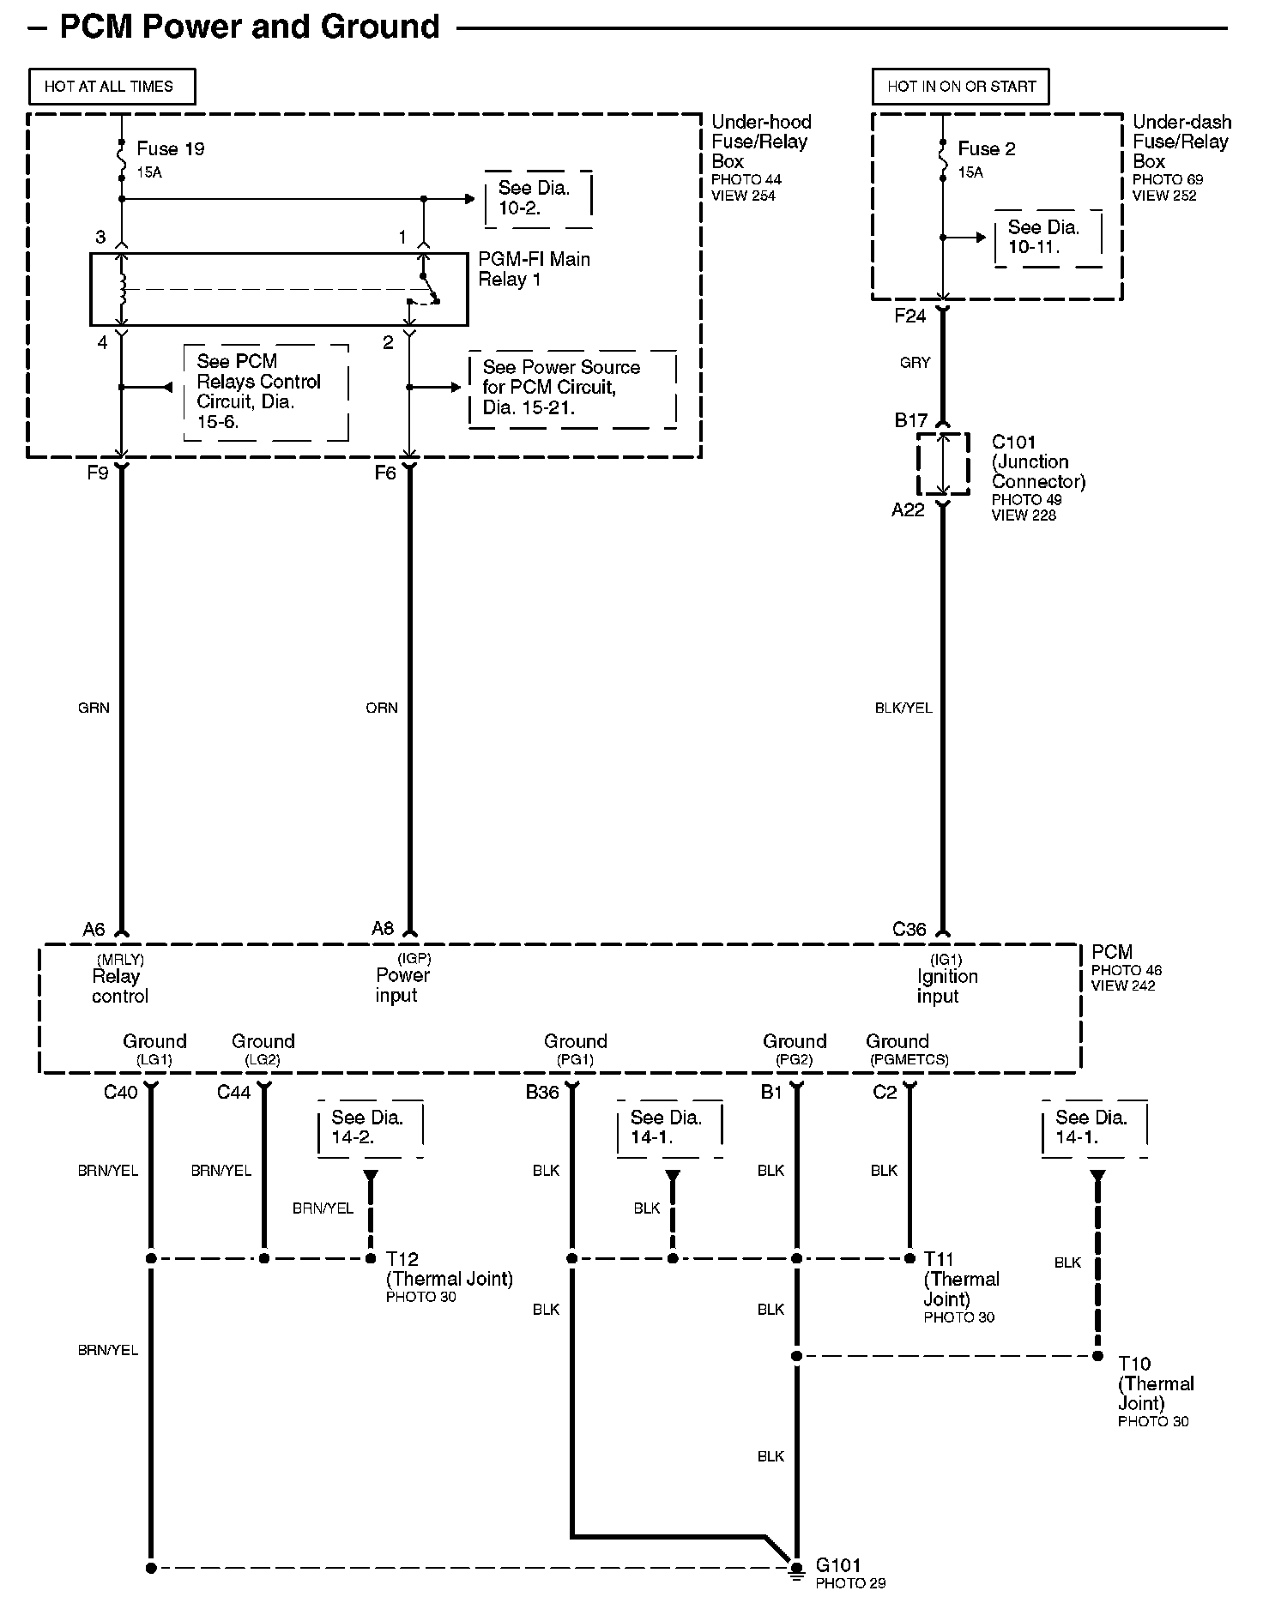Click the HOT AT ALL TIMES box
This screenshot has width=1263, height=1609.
111,87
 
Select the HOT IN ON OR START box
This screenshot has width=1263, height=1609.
961,87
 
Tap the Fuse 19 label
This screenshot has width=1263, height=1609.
170,149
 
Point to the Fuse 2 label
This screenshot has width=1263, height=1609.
986,149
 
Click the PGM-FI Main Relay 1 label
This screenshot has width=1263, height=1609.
534,269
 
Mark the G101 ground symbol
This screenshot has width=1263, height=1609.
795,1571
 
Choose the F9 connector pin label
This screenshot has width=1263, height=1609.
98,473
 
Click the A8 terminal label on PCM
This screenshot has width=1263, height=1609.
383,928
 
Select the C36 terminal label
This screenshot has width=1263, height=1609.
909,929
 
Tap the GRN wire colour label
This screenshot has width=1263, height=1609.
94,708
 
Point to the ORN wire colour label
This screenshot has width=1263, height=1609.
382,708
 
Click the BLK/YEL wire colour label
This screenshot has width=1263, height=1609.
903,708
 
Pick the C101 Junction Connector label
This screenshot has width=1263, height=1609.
1037,462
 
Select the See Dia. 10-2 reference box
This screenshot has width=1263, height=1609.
538,198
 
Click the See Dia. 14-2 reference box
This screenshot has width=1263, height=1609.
369,1128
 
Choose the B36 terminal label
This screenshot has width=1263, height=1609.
542,1092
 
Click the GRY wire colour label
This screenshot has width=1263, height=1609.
915,363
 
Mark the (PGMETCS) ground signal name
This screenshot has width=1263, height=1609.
909,1060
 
